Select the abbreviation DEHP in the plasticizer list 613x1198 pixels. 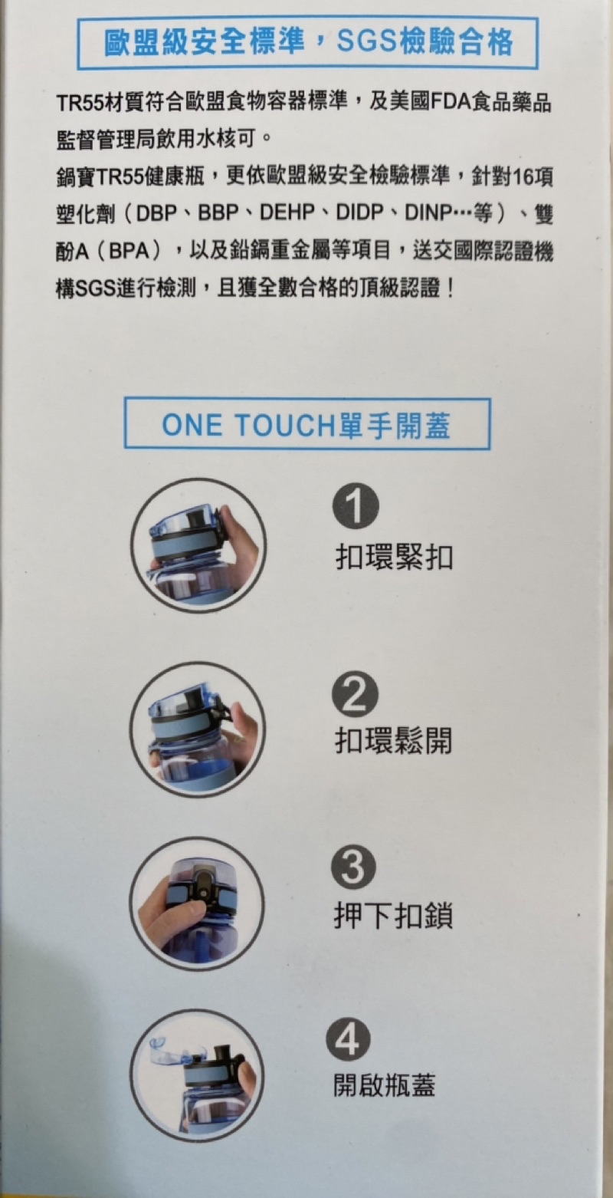point(287,214)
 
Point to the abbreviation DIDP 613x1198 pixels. point(359,214)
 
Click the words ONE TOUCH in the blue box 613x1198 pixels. point(250,425)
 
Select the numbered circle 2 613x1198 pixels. point(355,693)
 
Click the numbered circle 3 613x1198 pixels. point(353,869)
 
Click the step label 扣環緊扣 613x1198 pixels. point(394,558)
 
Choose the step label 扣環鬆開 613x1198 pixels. point(393,741)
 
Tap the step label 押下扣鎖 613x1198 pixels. point(393,916)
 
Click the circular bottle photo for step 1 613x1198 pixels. point(198,545)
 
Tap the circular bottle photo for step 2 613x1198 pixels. point(198,729)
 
